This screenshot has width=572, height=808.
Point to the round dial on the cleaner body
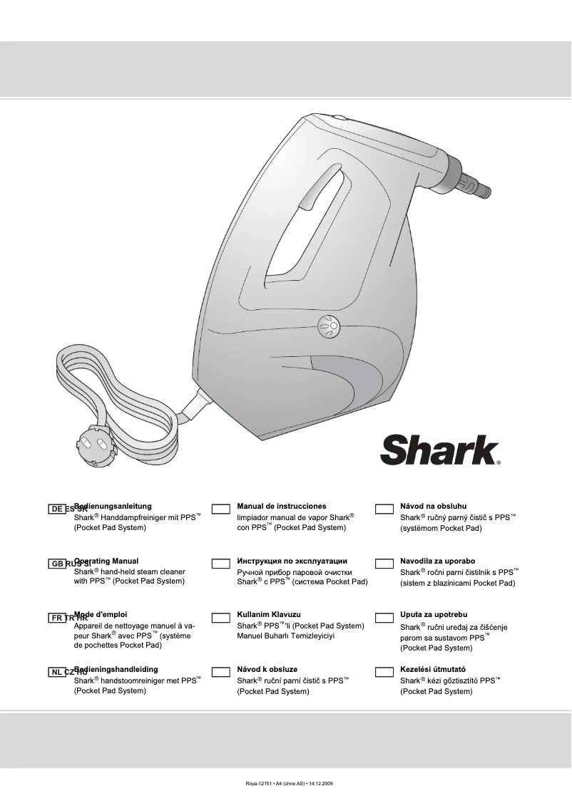pyautogui.click(x=330, y=326)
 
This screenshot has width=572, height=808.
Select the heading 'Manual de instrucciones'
pyautogui.click(x=281, y=506)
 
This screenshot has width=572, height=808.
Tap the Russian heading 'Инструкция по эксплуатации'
pyautogui.click(x=292, y=561)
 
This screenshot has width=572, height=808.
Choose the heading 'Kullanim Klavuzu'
pyautogui.click(x=269, y=614)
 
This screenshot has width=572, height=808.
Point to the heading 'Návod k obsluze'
pyautogui.click(x=267, y=670)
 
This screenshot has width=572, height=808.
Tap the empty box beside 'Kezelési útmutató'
pyautogui.click(x=384, y=671)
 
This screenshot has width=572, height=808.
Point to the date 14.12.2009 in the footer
pyautogui.click(x=320, y=784)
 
